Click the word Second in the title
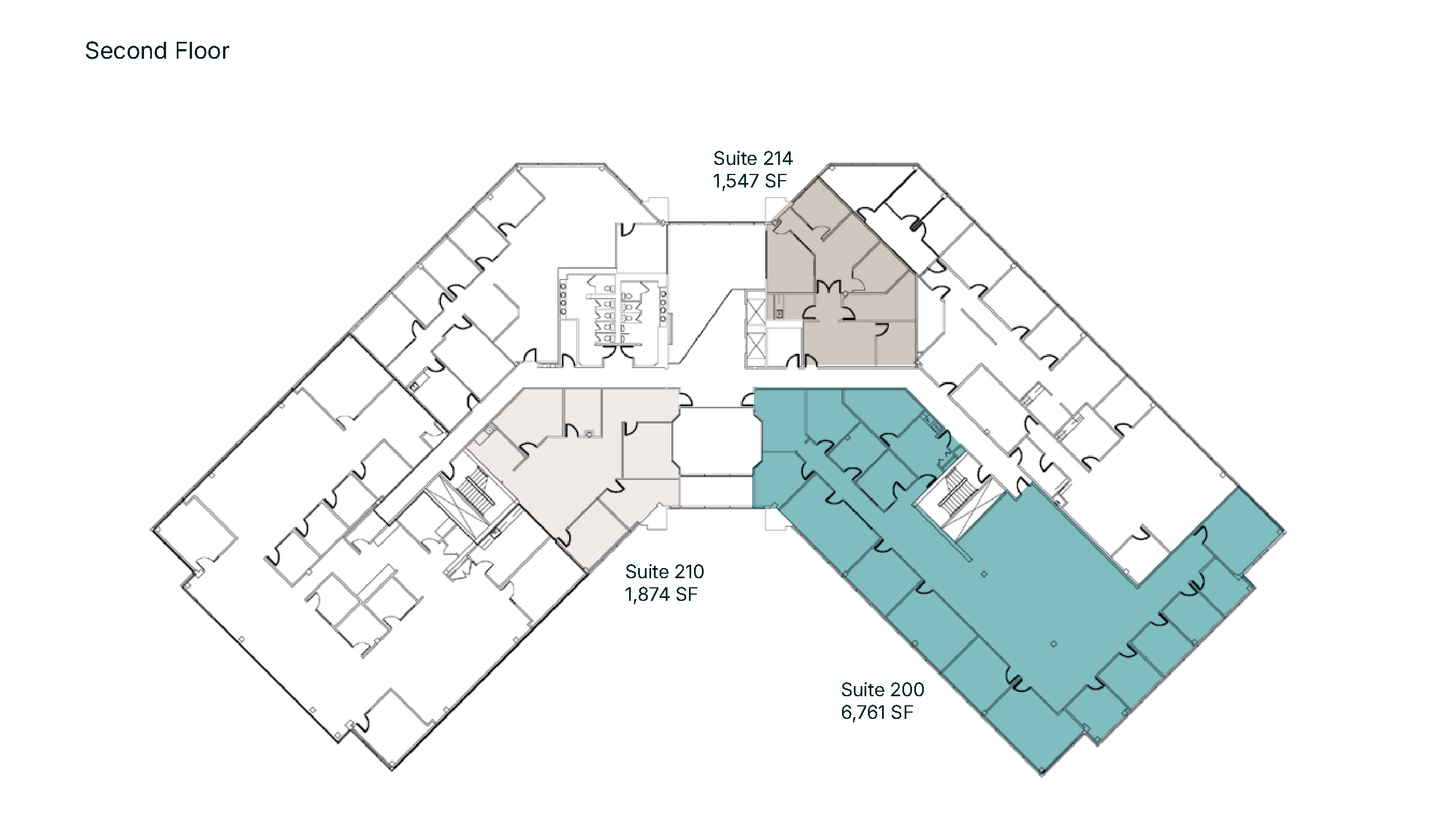click(x=126, y=51)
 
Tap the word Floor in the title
click(x=202, y=51)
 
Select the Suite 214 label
click(x=753, y=158)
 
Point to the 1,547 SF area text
click(x=750, y=181)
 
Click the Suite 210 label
click(x=665, y=571)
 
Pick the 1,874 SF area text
click(x=662, y=595)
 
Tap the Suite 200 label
click(x=882, y=689)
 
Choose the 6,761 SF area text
click(x=877, y=712)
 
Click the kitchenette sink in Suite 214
click(x=779, y=313)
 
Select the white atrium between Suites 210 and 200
click(x=717, y=440)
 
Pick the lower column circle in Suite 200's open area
click(x=1053, y=644)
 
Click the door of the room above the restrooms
click(x=626, y=229)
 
